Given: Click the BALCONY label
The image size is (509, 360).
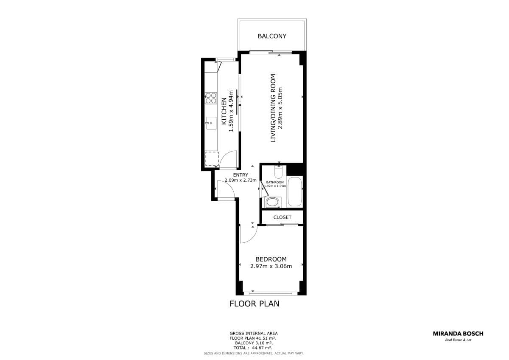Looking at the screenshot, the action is point(272,36).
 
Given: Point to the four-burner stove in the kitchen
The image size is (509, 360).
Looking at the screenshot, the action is point(52,98).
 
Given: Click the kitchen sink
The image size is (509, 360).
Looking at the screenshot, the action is point(52,123).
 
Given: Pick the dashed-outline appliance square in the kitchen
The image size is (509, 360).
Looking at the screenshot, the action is point(53,159).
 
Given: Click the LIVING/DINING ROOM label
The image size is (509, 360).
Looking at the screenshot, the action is point(273,108).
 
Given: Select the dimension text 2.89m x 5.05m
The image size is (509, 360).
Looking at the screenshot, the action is point(280,108).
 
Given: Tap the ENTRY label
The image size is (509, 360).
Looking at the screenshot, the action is point(241,175).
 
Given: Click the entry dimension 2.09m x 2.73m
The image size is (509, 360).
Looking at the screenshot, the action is point(241,180).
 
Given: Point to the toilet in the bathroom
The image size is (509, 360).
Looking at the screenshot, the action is point(278,172).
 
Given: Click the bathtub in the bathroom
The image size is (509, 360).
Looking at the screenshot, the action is point(295,192).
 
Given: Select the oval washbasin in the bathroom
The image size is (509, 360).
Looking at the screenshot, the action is point(273,202).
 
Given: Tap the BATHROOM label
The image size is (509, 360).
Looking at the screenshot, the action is point(275,183).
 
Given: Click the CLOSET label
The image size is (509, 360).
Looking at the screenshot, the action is point(282,217).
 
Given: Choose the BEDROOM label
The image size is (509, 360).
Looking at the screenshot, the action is point(271,259).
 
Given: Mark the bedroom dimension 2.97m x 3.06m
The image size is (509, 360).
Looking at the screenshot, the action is point(271,266).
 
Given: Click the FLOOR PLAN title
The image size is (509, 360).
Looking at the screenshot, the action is point(255,304).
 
